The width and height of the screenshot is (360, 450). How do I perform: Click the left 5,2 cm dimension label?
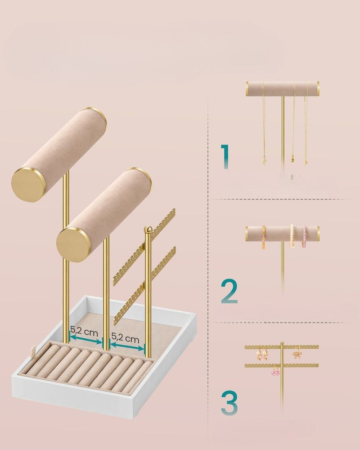pyautogui.click(x=84, y=331)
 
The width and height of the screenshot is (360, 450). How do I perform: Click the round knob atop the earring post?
pyautogui.click(x=148, y=229)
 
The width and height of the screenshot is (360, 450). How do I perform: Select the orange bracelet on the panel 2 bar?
pyautogui.click(x=264, y=237)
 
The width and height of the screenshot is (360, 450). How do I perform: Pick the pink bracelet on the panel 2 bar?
pyautogui.click(x=304, y=237)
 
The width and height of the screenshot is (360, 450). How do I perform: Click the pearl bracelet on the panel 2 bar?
pyautogui.click(x=292, y=236)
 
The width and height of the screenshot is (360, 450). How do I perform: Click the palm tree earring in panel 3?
pyautogui.click(x=297, y=353)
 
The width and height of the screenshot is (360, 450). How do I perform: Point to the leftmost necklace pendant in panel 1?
pyautogui.click(x=264, y=162)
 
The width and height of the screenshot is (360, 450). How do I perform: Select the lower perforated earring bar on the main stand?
pyautogui.click(x=144, y=286)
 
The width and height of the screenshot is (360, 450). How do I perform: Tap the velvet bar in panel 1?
pyautogui.click(x=283, y=89)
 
